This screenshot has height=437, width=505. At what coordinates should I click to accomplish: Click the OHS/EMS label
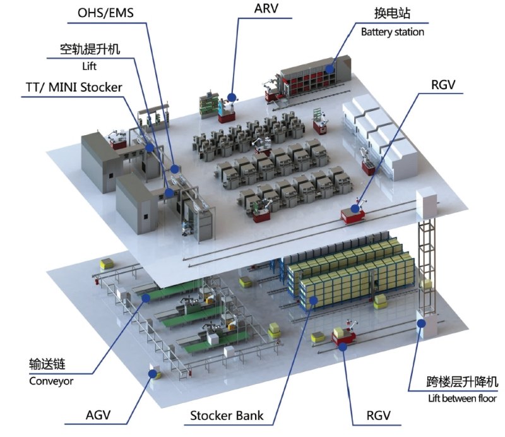click(105, 13)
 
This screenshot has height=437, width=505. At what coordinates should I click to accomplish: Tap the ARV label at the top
click(266, 9)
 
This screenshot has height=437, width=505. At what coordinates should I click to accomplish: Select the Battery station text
click(392, 32)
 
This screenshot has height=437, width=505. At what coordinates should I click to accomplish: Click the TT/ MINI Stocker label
click(74, 87)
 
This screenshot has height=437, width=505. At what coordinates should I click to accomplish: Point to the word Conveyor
click(51, 381)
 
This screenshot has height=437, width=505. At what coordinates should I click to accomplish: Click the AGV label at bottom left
click(98, 415)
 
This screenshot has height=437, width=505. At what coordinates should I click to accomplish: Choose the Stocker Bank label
click(227, 416)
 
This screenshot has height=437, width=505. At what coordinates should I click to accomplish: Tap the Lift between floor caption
click(462, 398)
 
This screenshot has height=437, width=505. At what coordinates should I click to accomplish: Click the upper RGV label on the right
click(443, 85)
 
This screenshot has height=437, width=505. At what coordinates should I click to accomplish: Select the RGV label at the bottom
click(378, 416)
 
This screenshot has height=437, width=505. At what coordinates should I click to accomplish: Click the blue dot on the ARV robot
click(231, 97)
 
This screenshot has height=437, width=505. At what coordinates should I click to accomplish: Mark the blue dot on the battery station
click(329, 69)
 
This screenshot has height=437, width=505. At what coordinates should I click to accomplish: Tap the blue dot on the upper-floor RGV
click(355, 209)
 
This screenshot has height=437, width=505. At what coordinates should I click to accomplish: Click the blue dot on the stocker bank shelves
click(312, 301)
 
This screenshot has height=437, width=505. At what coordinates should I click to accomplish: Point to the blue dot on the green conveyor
click(146, 298)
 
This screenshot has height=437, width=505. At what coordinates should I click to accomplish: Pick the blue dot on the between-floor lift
click(421, 323)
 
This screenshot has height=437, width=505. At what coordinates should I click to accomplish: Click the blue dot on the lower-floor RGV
click(343, 347)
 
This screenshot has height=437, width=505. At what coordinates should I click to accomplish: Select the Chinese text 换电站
click(392, 13)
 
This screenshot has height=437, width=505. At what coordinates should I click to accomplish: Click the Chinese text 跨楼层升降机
click(462, 381)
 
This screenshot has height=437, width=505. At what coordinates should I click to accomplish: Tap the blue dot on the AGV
click(152, 373)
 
